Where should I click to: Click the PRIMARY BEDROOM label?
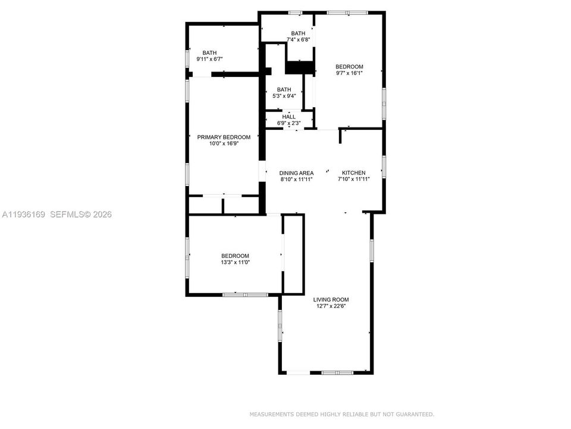coord(224,137)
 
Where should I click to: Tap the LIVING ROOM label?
coord(331,300)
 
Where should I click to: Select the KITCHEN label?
coord(353,173)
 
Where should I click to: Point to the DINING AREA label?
coord(296,173)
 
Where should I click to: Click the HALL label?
coord(288,117)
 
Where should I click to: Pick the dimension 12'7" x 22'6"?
coord(331,306)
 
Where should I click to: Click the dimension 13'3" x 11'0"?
coord(235,262)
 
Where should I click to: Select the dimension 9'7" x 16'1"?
coord(349,73)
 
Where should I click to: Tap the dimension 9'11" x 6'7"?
coord(209,59)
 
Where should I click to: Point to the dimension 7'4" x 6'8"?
coord(298,40)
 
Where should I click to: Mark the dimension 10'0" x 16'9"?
coord(224,144)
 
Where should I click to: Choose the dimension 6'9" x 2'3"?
coord(288,123)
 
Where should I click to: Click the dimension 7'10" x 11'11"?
coord(353,179)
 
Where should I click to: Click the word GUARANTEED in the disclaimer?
coord(414,414)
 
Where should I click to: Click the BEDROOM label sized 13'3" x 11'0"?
coord(235,256)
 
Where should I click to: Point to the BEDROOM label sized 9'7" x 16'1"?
coord(349,67)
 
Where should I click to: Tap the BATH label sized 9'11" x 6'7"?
coord(209,52)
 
